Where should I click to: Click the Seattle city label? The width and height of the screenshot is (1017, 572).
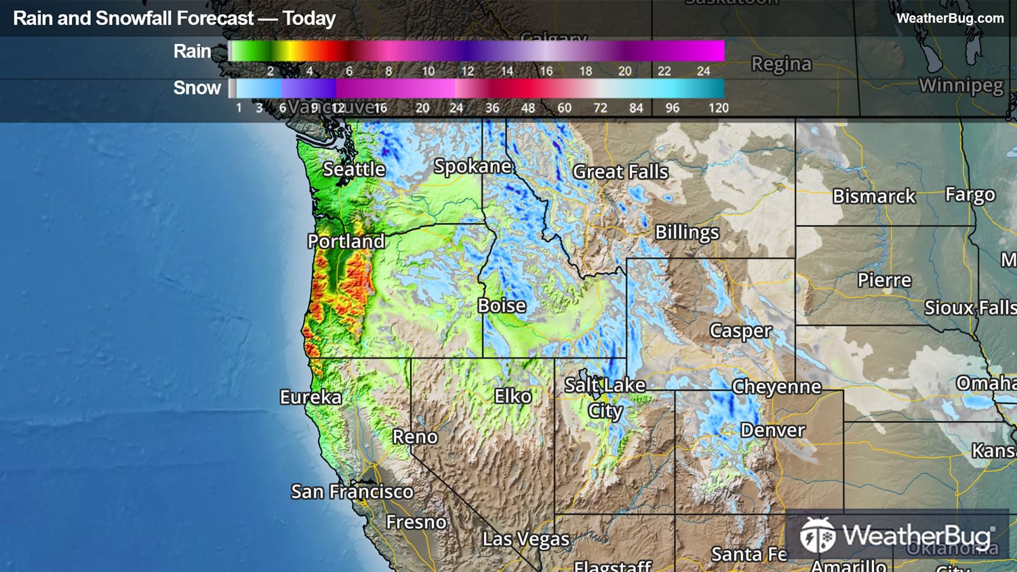[x=354, y=169]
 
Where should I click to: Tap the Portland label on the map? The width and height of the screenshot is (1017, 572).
[x=346, y=241]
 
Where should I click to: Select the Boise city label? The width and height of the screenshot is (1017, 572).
[x=502, y=306]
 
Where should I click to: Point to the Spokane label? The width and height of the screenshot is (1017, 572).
[x=473, y=166]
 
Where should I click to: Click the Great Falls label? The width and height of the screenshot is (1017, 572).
[x=620, y=172]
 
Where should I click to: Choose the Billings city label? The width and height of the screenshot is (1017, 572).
[x=687, y=232]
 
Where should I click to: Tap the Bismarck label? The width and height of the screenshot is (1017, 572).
[x=874, y=197]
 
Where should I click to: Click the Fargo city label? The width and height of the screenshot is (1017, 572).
[x=970, y=195]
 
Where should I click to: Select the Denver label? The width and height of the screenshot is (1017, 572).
[x=772, y=430]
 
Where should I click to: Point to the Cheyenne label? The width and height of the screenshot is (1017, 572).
[x=776, y=387]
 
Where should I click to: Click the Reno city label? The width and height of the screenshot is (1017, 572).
[x=415, y=437]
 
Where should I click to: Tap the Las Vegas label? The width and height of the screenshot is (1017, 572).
[x=525, y=539]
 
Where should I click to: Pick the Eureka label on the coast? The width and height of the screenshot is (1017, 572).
[x=311, y=397]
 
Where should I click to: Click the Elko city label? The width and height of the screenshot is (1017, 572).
[x=513, y=396]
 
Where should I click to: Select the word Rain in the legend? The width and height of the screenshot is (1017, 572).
[x=192, y=52]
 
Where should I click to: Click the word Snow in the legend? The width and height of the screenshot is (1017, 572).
[x=197, y=88]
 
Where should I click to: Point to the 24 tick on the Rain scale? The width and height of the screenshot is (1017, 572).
[x=704, y=71]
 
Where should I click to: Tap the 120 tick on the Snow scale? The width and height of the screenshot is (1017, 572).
[x=718, y=108]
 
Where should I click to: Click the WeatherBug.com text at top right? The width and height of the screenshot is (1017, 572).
[x=950, y=18]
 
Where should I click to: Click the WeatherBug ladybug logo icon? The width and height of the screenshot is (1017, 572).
[x=817, y=535]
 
